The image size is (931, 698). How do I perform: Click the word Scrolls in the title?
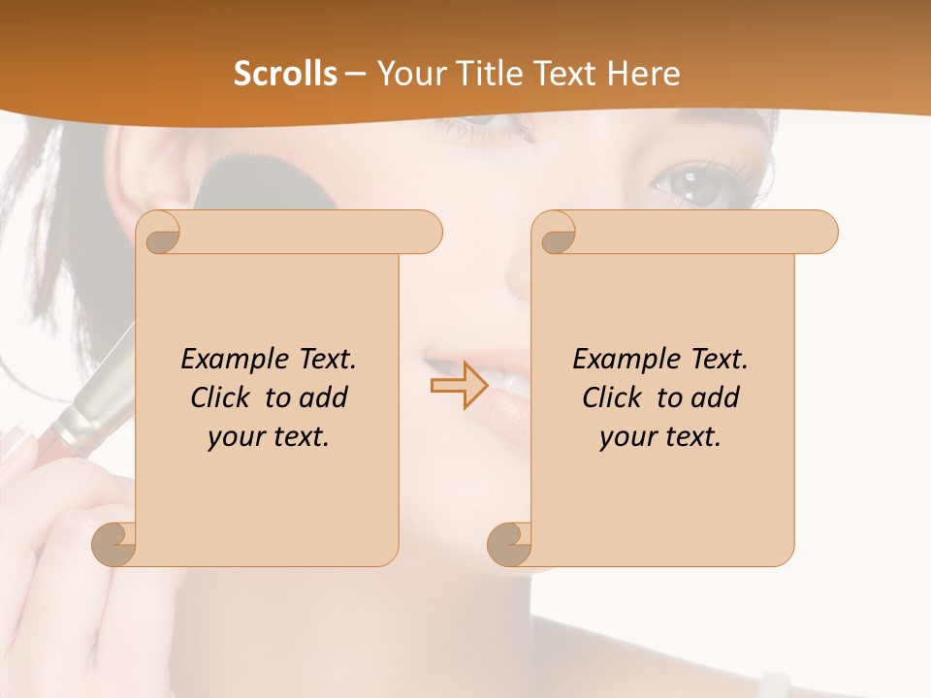tap(285, 74)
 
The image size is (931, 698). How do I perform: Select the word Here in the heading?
tap(643, 74)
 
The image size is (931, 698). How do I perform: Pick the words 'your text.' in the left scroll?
tap(268, 436)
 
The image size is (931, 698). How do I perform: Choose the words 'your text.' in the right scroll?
tap(659, 436)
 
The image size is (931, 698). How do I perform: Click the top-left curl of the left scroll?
tap(160, 233)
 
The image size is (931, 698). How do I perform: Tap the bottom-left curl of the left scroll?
tap(114, 545)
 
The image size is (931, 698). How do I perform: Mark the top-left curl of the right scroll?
tap(556, 233)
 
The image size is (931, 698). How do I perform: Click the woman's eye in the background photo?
tap(700, 186)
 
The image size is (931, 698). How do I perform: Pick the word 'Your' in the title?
tap(406, 74)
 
